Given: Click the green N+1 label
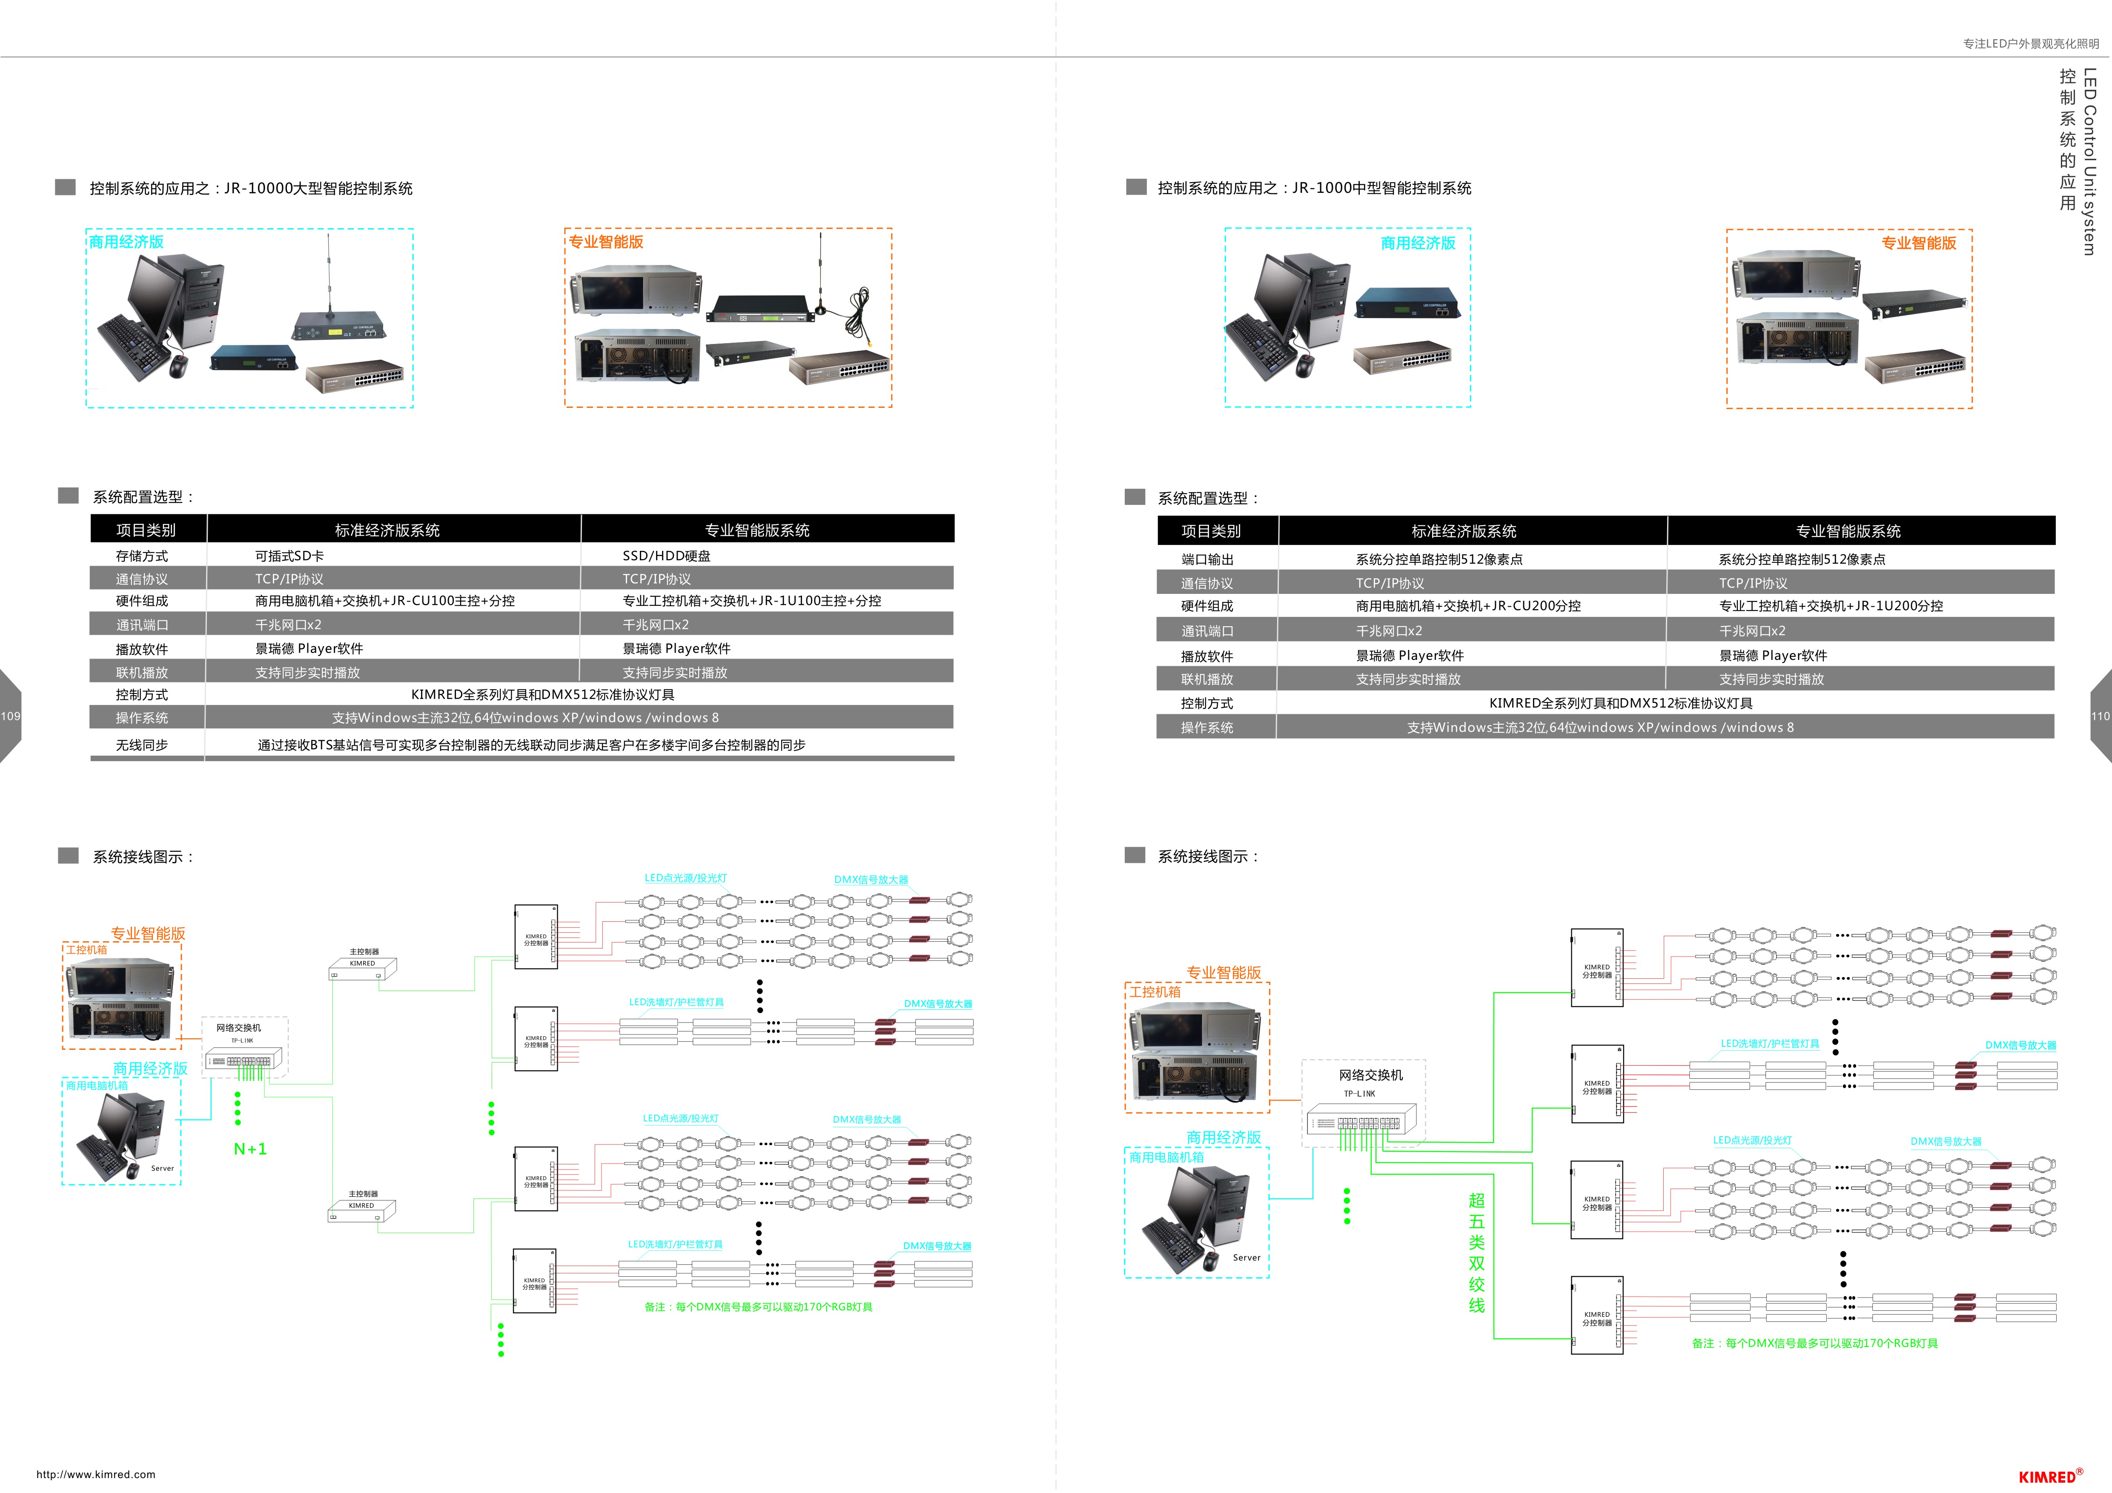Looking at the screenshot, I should [x=250, y=1149].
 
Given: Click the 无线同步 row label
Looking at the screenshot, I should [x=142, y=745].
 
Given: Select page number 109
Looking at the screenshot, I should [x=10, y=716].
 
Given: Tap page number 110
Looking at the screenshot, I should [x=2101, y=716].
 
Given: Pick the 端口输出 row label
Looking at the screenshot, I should [x=1207, y=559].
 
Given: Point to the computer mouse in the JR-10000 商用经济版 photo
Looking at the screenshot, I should [x=178, y=366].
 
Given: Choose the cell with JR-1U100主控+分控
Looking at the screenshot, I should [x=751, y=601].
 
